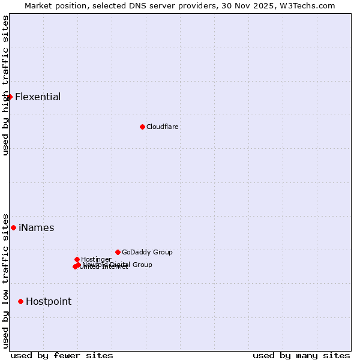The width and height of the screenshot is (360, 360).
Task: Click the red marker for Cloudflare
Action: (142, 127)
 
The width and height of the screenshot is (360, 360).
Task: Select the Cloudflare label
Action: (162, 127)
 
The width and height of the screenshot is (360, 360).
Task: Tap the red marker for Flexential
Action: (10, 97)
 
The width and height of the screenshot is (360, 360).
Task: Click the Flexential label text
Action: (38, 97)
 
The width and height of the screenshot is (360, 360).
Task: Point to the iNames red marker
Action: (13, 227)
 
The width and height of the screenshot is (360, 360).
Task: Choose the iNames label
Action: (36, 228)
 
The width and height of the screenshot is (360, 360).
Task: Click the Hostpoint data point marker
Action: (20, 301)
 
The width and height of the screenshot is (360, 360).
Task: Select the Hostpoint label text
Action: (48, 302)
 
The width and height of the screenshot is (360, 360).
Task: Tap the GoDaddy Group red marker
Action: (118, 252)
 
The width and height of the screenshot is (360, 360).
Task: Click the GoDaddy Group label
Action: (147, 253)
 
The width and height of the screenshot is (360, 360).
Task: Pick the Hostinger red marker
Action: (77, 259)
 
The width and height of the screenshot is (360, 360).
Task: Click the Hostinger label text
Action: (96, 259)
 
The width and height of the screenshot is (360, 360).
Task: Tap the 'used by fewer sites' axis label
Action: (62, 355)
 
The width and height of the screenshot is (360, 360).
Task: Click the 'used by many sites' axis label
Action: (301, 355)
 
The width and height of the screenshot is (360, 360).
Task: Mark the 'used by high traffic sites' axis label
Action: (6, 85)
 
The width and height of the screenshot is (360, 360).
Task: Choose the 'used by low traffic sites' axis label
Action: (6, 280)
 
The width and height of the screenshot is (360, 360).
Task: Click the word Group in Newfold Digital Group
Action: (142, 265)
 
